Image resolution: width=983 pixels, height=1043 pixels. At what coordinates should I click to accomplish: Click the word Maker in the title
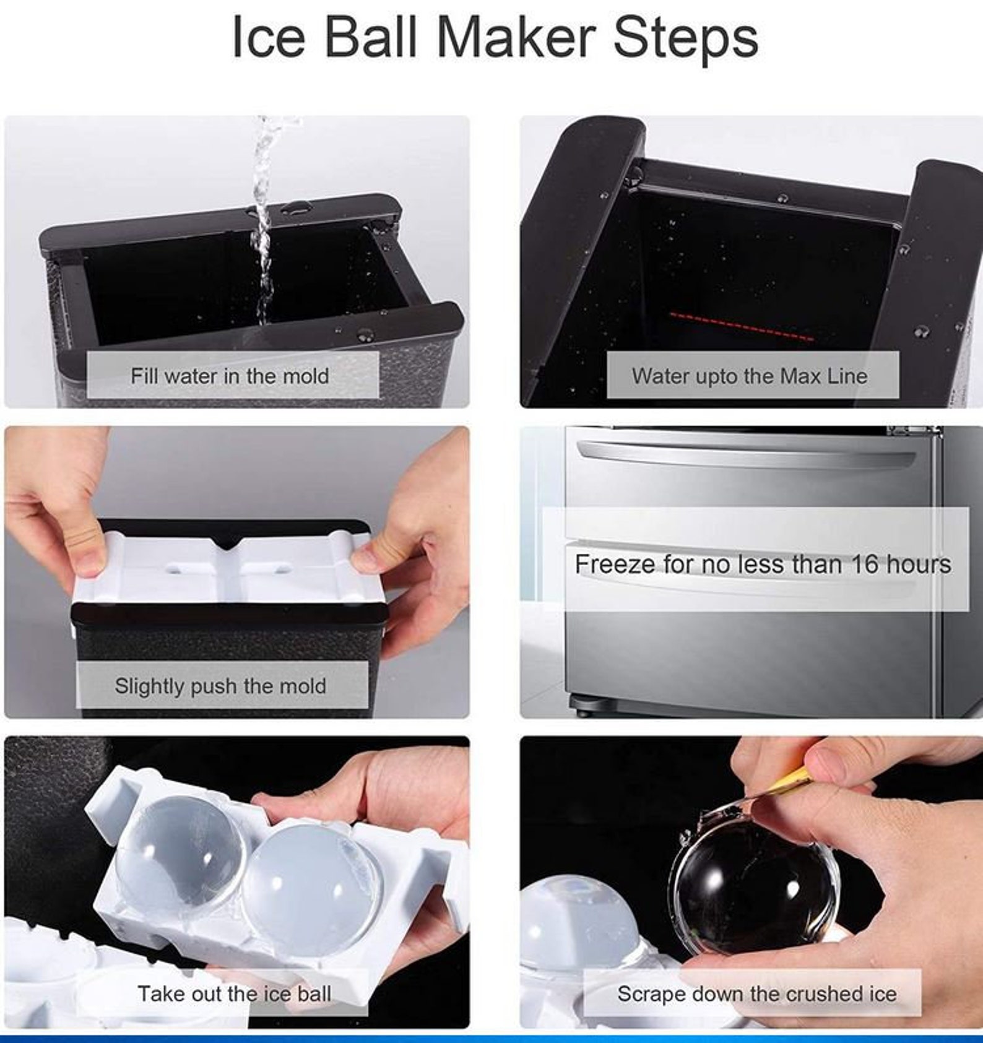tap(516, 38)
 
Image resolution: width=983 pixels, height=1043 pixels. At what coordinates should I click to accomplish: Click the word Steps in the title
tap(685, 38)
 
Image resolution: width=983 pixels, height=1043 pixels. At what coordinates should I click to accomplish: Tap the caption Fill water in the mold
tap(230, 376)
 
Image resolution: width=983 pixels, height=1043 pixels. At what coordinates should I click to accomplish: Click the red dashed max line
tap(742, 327)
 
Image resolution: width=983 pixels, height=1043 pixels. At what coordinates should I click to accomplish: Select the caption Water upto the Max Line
tap(750, 376)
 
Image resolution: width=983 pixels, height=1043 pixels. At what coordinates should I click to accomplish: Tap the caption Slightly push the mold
tap(220, 686)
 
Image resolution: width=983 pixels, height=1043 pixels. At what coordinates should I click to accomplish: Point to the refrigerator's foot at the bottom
tap(581, 707)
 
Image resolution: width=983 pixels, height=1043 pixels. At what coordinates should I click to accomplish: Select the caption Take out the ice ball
tap(234, 993)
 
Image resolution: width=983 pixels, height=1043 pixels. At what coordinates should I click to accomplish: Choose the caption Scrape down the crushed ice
tap(756, 993)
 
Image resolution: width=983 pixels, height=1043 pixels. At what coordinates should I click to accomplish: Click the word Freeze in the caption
tap(614, 564)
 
